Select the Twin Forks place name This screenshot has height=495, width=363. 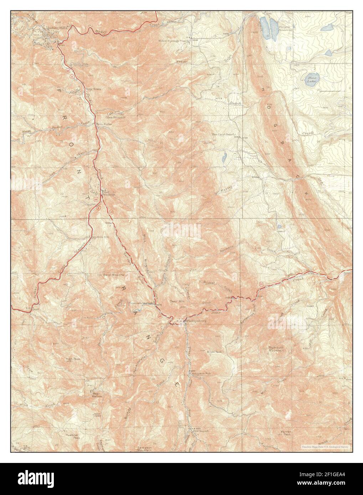tap(104, 124)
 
